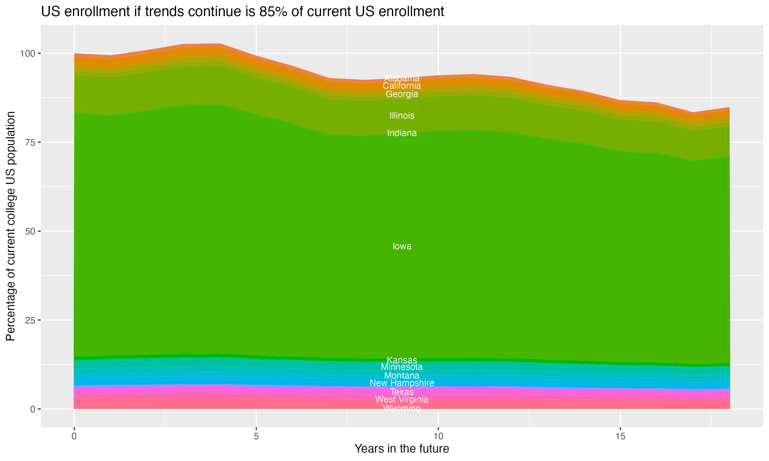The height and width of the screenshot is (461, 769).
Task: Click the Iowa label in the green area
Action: (402, 246)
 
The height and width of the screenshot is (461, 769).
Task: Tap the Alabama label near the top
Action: (402, 78)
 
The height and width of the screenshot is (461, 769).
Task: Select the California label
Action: (402, 86)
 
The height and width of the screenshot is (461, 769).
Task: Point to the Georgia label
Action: (402, 94)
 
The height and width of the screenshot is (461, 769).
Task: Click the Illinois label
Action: (402, 116)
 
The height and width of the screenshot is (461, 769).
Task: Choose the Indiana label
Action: (402, 133)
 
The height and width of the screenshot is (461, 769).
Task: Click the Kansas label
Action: (402, 360)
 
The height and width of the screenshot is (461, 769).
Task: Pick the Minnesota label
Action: (402, 367)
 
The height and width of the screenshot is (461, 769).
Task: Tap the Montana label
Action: (402, 375)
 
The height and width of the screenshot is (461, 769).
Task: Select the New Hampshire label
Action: (402, 383)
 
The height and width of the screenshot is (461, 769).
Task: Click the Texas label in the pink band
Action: (402, 392)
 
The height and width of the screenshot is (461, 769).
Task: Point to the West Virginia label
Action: (402, 399)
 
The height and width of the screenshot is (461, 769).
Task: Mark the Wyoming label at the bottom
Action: (402, 408)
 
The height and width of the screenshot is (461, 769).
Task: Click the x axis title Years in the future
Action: (402, 448)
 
